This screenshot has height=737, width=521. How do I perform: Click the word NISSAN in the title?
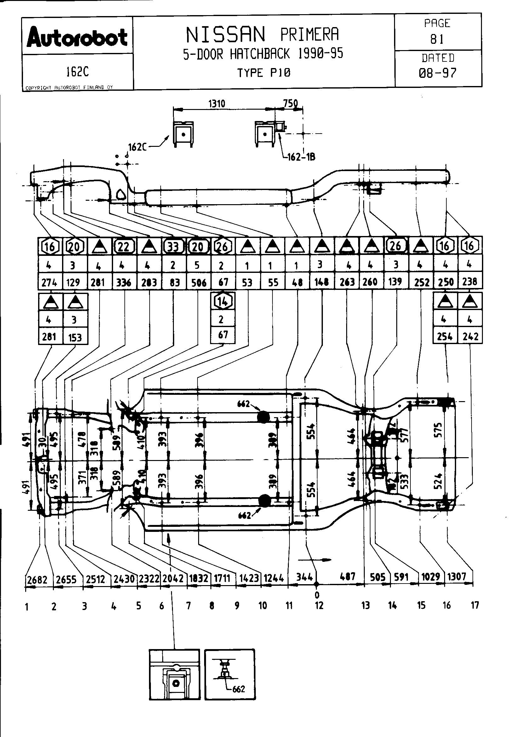coord(226,35)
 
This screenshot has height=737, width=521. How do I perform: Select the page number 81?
coord(437,39)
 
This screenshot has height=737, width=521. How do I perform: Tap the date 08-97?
coord(438,73)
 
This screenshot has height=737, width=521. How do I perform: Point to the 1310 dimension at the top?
coord(216,104)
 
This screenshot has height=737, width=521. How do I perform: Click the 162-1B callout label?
coord(301,157)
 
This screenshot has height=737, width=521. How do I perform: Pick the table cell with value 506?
coord(198,282)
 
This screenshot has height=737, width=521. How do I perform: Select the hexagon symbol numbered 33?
coord(173,246)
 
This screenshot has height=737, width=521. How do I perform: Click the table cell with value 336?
coord(123,282)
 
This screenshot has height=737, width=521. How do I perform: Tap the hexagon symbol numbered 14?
coord(223,301)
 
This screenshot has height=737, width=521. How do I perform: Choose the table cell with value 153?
coord(75,337)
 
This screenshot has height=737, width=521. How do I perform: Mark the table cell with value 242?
coord(470,337)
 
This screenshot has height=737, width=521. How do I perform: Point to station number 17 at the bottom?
coord(475,605)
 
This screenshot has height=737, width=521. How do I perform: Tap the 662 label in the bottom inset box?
coord(238,689)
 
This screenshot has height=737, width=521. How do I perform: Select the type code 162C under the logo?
coord(77,72)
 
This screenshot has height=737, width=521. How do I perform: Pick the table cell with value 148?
coord(322,282)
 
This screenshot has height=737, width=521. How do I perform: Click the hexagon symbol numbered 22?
coord(123,246)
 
